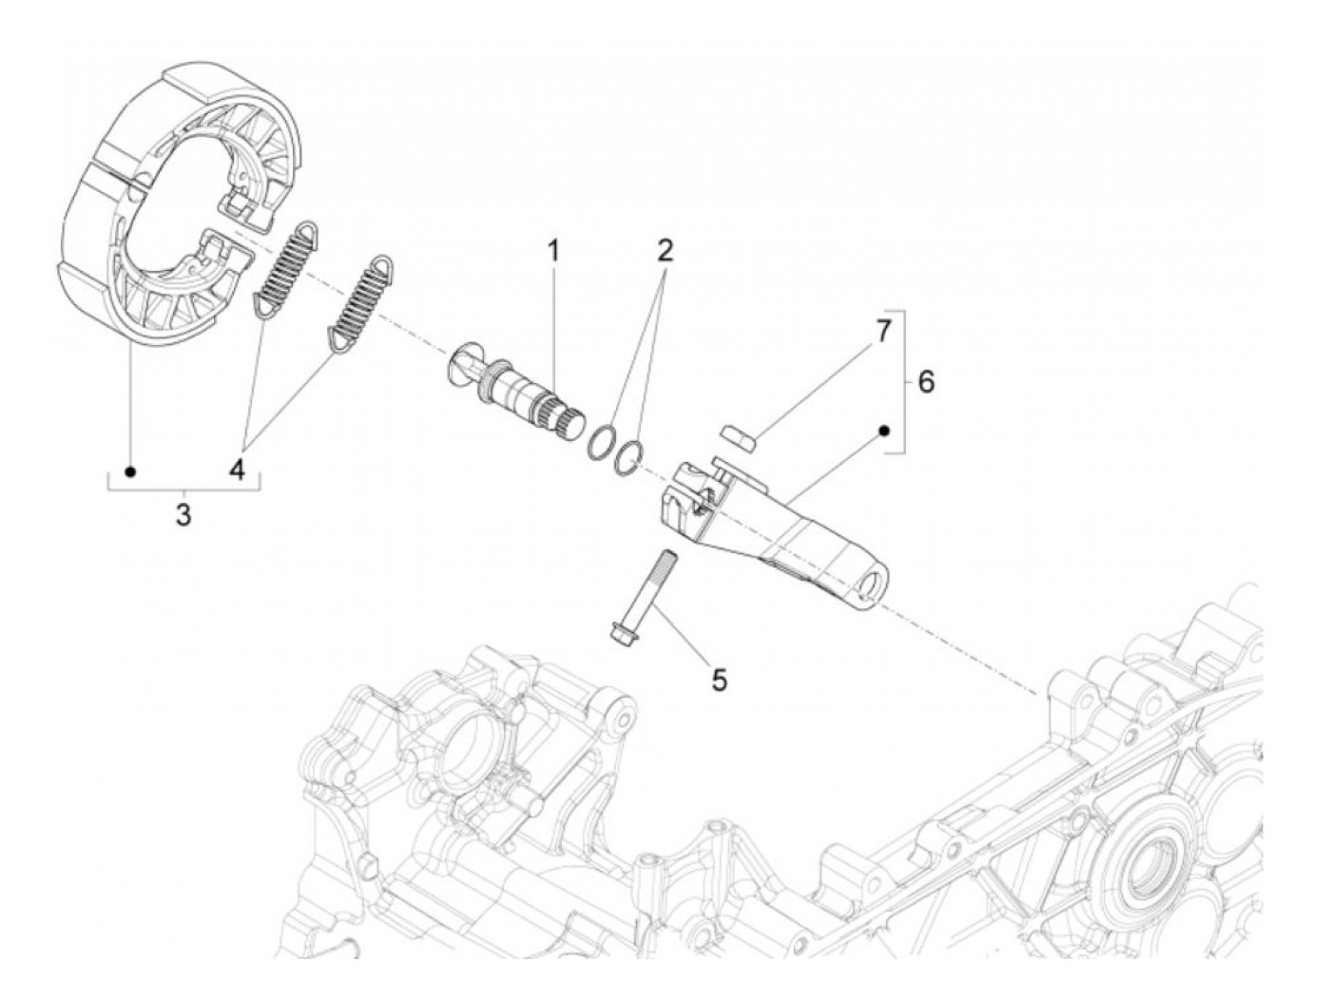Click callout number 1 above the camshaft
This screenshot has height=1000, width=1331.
552,252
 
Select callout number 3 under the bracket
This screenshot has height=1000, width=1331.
183,515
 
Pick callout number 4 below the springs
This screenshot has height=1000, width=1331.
236,469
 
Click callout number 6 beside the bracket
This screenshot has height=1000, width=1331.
925,382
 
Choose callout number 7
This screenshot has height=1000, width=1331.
883,332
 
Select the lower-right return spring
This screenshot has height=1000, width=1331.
358,304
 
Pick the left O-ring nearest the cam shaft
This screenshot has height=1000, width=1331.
600,444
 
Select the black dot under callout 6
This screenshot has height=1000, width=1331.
884,431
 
